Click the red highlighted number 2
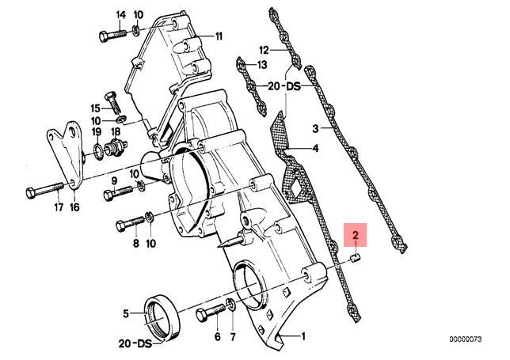click(356, 235)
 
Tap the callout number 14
click(120, 15)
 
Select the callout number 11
click(218, 36)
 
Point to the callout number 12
click(265, 51)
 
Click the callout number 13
click(262, 65)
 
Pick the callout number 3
click(315, 129)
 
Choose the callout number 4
click(315, 149)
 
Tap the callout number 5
click(126, 314)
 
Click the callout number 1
click(303, 336)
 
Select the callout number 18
click(116, 131)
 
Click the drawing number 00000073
click(466, 339)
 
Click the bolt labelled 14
click(112, 36)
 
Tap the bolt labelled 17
click(44, 191)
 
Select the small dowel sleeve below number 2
click(356, 258)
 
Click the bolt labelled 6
click(211, 312)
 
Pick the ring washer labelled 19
click(98, 150)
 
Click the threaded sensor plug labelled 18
click(116, 147)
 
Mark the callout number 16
click(74, 207)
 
